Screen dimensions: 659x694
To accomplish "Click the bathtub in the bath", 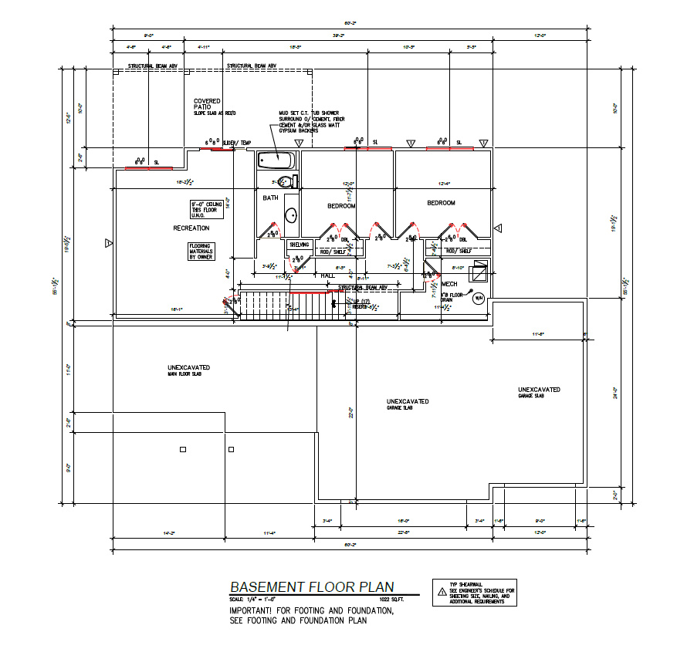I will pos(276,160).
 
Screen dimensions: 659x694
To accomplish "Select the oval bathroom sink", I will pos(291,215).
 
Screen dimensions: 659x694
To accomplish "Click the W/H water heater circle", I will pos(478,299).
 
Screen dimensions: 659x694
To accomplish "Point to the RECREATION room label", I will pos(191,228).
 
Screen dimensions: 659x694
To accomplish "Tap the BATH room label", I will pos(270,198).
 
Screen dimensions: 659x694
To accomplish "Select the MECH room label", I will pos(449,284).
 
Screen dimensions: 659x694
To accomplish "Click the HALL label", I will pos(327,275).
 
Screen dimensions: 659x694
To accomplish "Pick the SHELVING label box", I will pos(299,245).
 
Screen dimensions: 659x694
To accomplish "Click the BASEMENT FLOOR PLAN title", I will pos(311,587).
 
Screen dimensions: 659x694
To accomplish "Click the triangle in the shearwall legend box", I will pos(442,592).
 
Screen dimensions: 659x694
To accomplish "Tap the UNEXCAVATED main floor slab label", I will pos(189,370).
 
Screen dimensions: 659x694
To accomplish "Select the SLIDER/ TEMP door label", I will pos(237,144).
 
